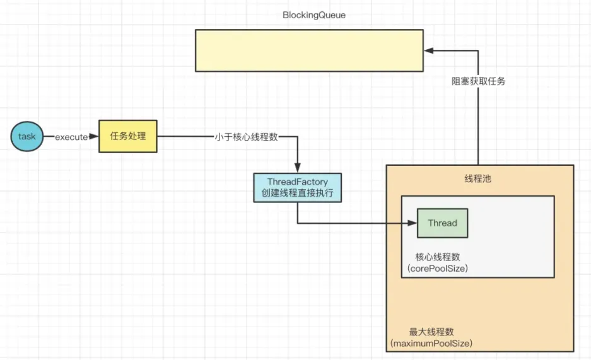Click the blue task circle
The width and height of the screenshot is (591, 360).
(x=27, y=136)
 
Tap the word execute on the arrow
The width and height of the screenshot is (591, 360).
(x=71, y=137)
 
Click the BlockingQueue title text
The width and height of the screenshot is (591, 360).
(x=313, y=15)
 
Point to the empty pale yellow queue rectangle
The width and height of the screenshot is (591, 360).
(x=308, y=50)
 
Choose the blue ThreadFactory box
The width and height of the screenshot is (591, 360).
(x=298, y=188)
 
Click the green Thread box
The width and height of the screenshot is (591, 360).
(x=442, y=223)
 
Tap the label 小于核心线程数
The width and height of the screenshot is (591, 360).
(x=246, y=137)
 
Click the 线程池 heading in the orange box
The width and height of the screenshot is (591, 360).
(x=477, y=178)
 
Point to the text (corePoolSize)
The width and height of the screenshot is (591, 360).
(x=438, y=269)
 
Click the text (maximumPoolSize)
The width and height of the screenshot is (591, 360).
(x=431, y=344)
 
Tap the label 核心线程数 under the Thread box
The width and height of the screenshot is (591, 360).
(x=437, y=257)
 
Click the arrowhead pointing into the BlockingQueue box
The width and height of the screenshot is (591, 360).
(x=428, y=49)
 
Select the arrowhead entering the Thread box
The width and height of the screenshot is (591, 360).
(x=413, y=223)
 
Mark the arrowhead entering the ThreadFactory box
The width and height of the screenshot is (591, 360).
(x=298, y=169)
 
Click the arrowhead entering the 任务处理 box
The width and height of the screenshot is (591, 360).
(x=95, y=136)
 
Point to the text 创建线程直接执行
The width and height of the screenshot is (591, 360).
(x=298, y=194)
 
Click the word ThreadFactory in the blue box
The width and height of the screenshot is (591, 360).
(x=298, y=182)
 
